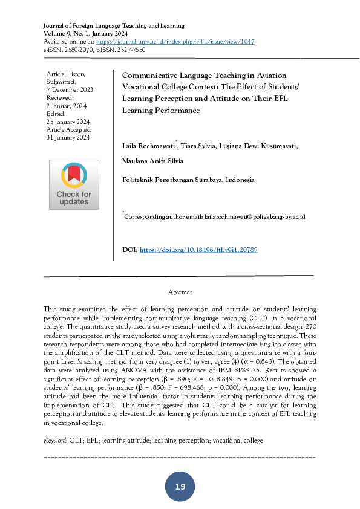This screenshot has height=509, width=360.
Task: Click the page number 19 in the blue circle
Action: [x=180, y=487]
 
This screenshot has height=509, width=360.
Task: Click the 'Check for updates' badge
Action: [x=74, y=184]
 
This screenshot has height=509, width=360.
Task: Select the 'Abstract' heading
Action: [x=180, y=292]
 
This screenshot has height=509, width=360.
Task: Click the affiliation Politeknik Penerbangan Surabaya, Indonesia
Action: [x=188, y=180]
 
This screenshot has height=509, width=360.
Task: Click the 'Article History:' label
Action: [x=67, y=74]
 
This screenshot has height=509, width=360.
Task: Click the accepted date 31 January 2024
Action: [x=68, y=137]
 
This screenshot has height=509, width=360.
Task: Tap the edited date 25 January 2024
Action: [x=68, y=122]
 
